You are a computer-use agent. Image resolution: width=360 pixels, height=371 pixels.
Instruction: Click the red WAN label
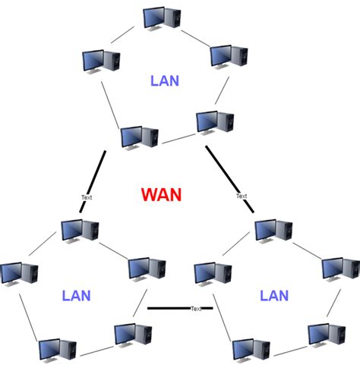(x=161, y=194)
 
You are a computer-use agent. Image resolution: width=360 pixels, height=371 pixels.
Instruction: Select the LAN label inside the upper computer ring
(x=165, y=80)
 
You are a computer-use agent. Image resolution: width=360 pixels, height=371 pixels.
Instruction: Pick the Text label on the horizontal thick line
(x=196, y=309)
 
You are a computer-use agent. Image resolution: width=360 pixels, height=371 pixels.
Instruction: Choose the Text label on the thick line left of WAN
(x=87, y=197)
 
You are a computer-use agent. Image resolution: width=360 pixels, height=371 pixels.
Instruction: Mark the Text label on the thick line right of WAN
(x=242, y=196)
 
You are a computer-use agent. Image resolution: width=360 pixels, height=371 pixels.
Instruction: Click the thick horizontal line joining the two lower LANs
(x=171, y=308)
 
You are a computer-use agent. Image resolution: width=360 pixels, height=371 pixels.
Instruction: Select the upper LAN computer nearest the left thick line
(x=139, y=137)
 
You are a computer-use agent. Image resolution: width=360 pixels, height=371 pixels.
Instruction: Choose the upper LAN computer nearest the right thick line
(x=214, y=121)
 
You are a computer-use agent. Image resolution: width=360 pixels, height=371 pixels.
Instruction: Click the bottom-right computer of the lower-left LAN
(x=133, y=335)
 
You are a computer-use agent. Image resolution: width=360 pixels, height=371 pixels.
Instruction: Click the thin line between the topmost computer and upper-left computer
(x=122, y=34)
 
